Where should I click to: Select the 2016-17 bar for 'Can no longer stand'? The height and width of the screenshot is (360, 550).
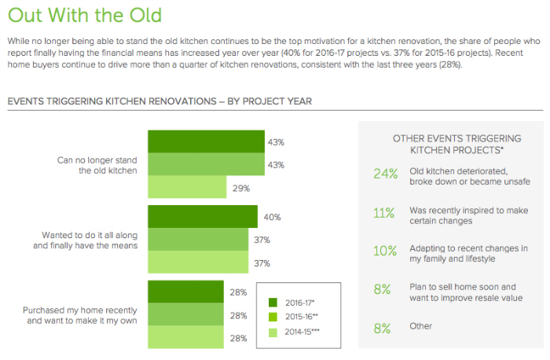205,142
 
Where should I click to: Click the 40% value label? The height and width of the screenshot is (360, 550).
272,217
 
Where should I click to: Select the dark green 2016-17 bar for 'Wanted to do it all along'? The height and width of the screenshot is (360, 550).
202,217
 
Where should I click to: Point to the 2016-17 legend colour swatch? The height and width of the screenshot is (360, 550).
273,302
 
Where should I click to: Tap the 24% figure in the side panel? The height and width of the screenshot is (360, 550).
386,175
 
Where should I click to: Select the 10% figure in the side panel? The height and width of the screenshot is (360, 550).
385,252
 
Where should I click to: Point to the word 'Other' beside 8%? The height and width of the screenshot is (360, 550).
421,325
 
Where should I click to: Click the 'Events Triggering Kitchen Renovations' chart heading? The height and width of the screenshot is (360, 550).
159,101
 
